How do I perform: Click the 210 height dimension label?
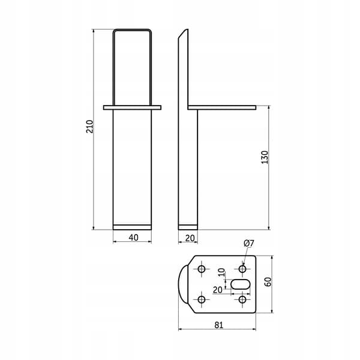pos(90,127)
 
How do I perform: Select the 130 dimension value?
pos(265,157)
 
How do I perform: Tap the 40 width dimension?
pos(133,238)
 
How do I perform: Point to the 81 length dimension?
pos(218,325)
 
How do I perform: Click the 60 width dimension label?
pos(268,282)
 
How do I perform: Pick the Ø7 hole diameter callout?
pos(249,243)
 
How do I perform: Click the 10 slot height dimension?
pos(221,272)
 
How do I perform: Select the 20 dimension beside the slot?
pos(218,290)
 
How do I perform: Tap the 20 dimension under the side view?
pos(190,238)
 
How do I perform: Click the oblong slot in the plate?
pos(240,284)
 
